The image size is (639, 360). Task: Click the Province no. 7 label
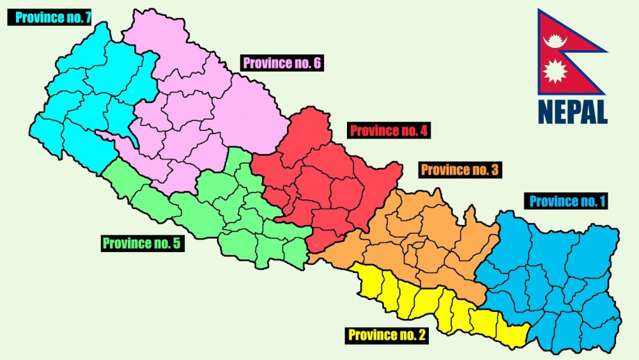pyautogui.click(x=49, y=17)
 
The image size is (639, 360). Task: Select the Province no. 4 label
pyautogui.click(x=389, y=132)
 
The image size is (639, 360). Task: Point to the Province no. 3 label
pyautogui.click(x=459, y=170)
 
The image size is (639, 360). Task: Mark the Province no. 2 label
pyautogui.click(x=387, y=334)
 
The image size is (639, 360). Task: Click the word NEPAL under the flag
pyautogui.click(x=573, y=112)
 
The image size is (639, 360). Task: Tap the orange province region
pyautogui.click(x=422, y=243)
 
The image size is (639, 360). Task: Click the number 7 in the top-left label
pyautogui.click(x=85, y=17)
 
